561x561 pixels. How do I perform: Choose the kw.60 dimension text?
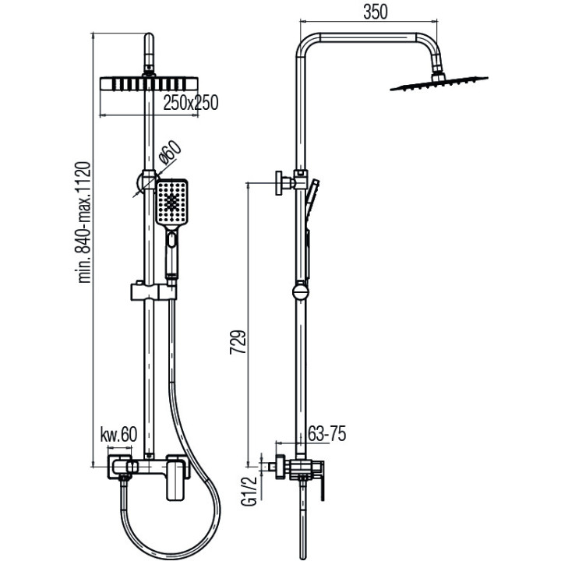[x=118, y=435]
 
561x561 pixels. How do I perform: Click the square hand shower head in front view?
[x=171, y=203]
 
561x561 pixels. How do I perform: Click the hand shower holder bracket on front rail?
[x=150, y=294]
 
